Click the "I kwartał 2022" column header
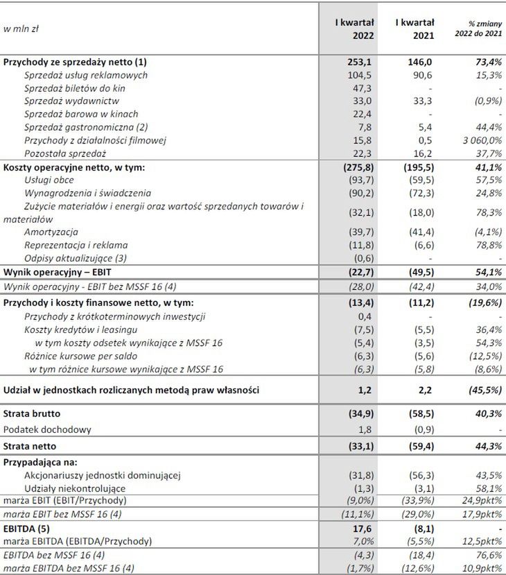[354, 29]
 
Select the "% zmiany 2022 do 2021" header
[478, 29]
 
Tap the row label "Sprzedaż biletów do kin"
[75, 88]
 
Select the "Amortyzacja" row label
[51, 232]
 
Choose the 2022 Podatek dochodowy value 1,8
[368, 429]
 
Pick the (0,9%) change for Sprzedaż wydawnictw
[486, 101]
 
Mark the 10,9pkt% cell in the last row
[482, 569]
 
